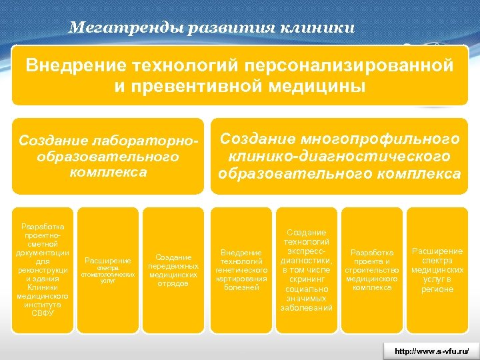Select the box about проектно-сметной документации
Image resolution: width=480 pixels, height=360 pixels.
tap(43, 261)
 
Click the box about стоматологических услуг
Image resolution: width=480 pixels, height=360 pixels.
tap(108, 261)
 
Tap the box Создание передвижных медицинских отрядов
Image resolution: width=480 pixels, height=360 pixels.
tap(173, 261)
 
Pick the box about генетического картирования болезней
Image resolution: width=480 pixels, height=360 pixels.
tap(241, 261)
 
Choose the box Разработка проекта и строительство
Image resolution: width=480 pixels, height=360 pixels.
tap(371, 261)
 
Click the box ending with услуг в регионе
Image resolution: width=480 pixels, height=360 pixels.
tap(437, 261)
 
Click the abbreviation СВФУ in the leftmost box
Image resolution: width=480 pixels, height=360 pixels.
tap(43, 312)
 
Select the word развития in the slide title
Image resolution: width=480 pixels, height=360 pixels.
tap(220, 28)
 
